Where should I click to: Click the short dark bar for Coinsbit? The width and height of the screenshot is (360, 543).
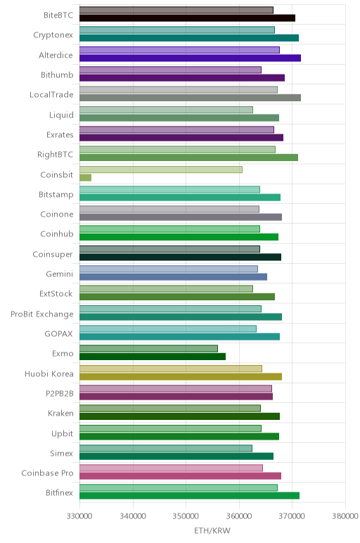(85, 178)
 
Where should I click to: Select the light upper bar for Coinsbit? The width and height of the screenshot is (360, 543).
(161, 170)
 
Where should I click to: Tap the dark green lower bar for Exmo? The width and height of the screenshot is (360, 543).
(153, 357)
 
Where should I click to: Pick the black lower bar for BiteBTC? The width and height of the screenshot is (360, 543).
(187, 18)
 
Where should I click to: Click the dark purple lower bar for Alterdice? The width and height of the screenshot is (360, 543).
(190, 58)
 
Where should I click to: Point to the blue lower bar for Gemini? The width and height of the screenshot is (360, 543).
(173, 276)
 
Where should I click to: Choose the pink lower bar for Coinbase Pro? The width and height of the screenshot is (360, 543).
(180, 475)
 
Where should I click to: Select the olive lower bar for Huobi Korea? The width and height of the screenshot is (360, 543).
(180, 377)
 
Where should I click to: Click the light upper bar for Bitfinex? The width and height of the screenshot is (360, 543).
(179, 488)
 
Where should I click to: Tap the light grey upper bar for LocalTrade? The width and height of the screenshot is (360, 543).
(179, 90)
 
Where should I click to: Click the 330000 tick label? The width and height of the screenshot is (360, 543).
(79, 516)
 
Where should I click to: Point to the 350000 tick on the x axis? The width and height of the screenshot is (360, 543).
(186, 516)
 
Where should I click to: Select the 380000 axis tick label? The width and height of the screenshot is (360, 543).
(345, 516)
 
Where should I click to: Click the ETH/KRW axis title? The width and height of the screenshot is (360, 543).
(212, 530)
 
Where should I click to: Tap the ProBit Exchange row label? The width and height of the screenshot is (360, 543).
(42, 314)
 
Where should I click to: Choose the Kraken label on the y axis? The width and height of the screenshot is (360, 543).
(60, 413)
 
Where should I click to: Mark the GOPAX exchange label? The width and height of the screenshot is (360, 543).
(58, 334)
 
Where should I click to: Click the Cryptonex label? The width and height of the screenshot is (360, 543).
(53, 35)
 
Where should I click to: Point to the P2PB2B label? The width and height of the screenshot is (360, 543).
(60, 393)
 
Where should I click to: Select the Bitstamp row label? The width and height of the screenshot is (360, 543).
(56, 195)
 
